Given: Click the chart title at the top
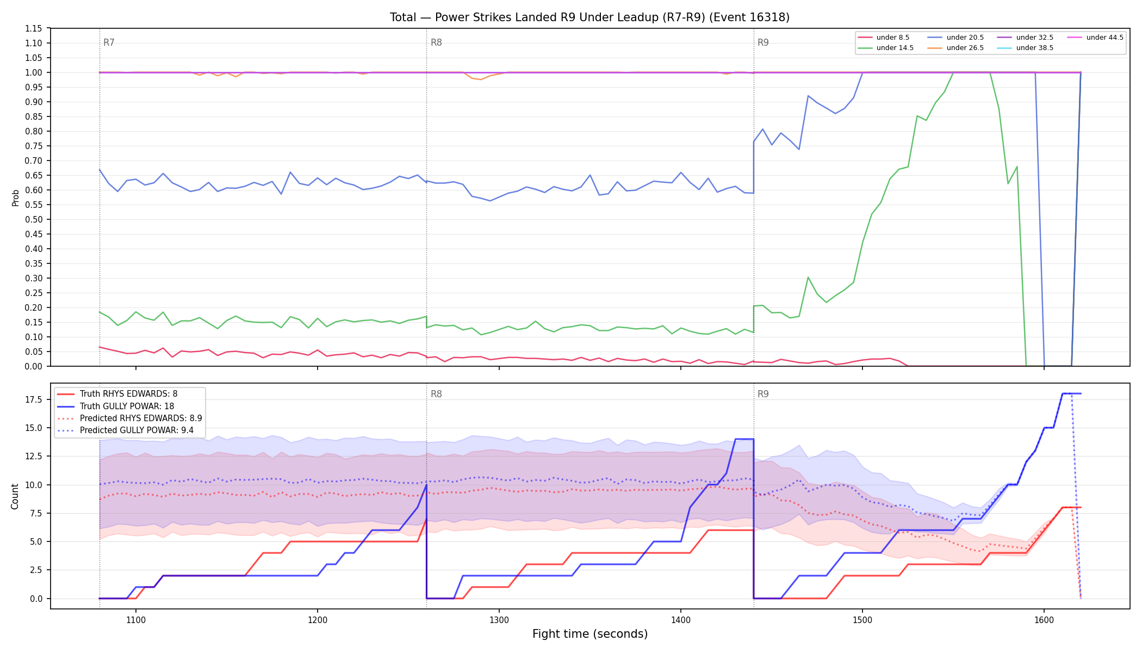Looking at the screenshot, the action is (589, 17).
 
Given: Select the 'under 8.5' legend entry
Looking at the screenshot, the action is (883, 38).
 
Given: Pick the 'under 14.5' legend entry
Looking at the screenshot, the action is (885, 48).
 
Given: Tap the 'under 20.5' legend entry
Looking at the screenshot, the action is (955, 38).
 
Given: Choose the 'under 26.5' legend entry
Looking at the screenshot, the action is (955, 48).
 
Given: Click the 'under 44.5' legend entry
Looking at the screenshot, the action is (1095, 38).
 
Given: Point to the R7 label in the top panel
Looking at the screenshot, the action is (109, 42).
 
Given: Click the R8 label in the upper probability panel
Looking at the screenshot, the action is (436, 42).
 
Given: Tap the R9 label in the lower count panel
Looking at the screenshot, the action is (763, 394).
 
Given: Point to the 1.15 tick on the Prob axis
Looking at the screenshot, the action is (34, 28).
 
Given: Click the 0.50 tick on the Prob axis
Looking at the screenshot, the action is (34, 219).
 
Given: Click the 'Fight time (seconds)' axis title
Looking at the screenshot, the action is (590, 634).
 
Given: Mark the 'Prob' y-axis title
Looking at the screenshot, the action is (15, 198).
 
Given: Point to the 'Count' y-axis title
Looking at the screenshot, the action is (15, 496).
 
